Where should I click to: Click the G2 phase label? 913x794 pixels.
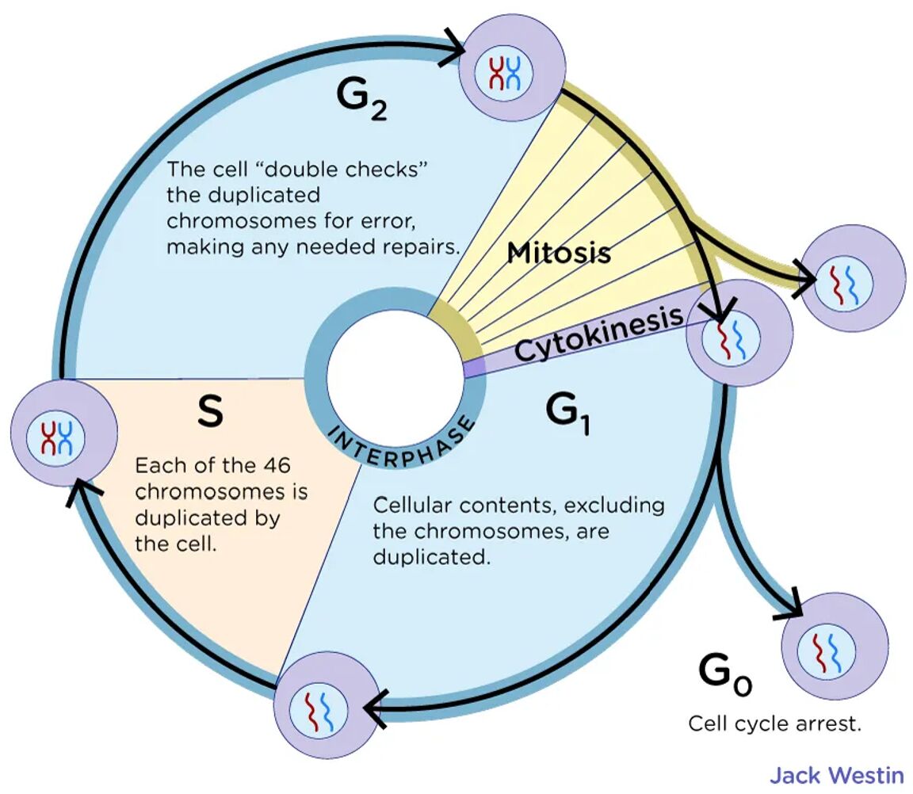pyautogui.click(x=361, y=101)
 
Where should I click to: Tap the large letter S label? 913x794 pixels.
pyautogui.click(x=209, y=412)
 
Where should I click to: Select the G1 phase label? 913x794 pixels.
pyautogui.click(x=569, y=413)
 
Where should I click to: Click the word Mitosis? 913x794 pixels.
pyautogui.click(x=559, y=253)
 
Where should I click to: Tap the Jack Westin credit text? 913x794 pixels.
pyautogui.click(x=836, y=774)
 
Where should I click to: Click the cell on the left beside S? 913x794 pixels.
pyautogui.click(x=63, y=433)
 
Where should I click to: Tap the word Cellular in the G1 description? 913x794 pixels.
pyautogui.click(x=414, y=506)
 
